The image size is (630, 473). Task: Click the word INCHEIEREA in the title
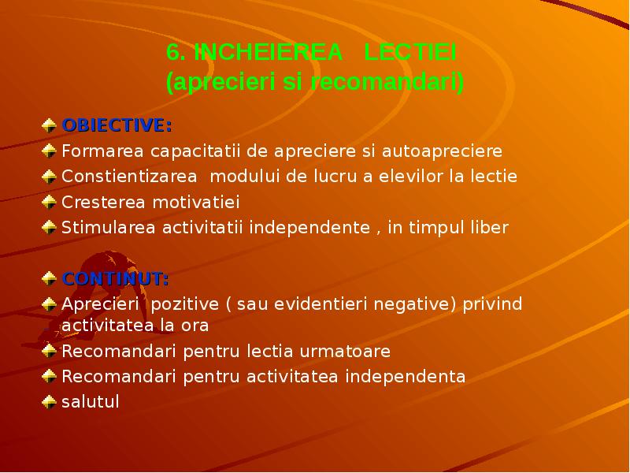pos(269,53)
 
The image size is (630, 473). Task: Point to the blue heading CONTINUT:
pos(115,279)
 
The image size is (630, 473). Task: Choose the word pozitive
pos(190,305)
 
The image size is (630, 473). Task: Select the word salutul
pos(91,402)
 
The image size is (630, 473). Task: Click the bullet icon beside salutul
pos(49,401)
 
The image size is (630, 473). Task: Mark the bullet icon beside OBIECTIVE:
pos(49,125)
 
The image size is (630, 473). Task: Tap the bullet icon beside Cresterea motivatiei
pos(49,202)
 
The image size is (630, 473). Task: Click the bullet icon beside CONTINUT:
pos(49,278)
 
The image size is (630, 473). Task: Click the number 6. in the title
pos(176,53)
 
